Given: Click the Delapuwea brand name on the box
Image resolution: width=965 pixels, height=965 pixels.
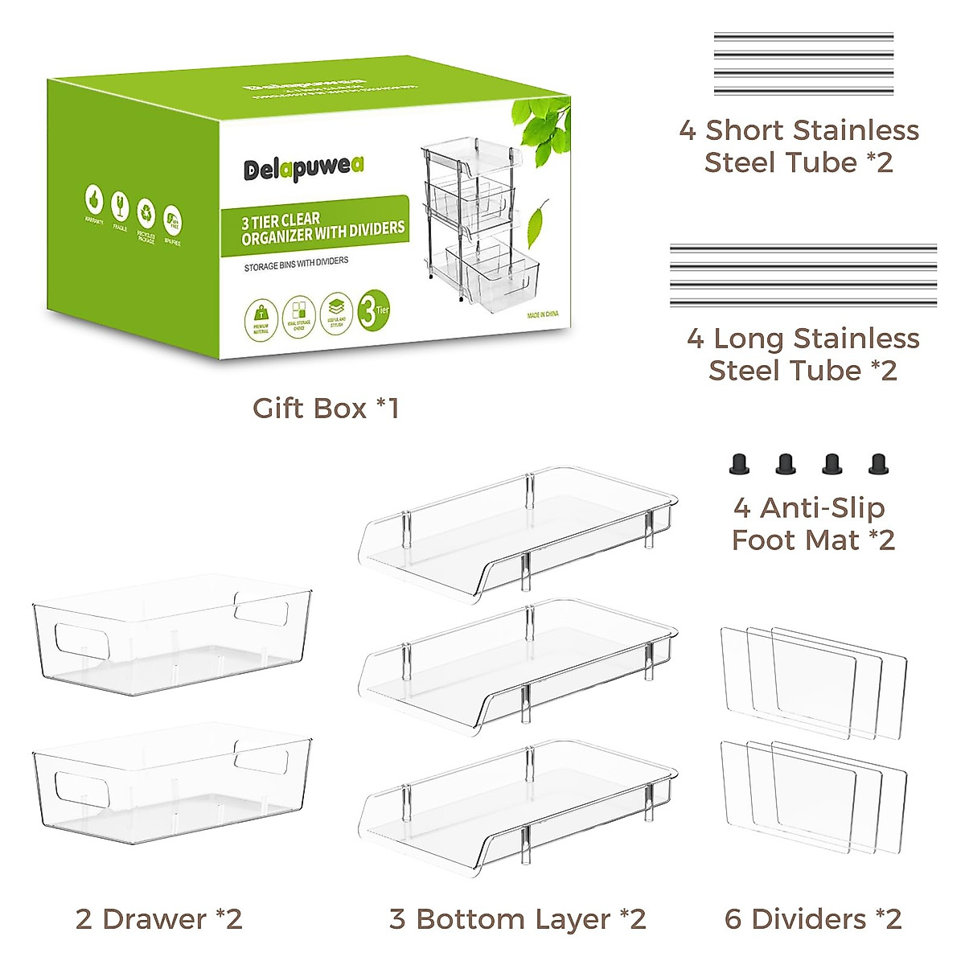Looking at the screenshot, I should click(x=304, y=167).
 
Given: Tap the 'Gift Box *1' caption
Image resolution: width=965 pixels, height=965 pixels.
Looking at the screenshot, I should click(x=326, y=409).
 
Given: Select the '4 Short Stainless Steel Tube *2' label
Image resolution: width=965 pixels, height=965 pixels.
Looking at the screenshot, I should click(x=799, y=146).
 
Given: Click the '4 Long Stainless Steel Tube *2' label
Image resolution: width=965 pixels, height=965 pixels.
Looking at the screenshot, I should click(x=803, y=354).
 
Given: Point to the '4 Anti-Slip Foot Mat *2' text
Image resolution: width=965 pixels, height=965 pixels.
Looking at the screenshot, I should click(x=812, y=524).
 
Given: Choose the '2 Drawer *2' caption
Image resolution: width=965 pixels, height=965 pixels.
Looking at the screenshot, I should click(x=158, y=918).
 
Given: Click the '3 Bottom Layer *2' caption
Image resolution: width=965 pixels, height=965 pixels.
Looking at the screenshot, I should click(x=517, y=918).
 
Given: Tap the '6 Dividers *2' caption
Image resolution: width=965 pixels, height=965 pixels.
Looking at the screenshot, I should click(x=812, y=918).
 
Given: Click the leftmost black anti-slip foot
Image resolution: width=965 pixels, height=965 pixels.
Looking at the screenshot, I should click(x=737, y=464).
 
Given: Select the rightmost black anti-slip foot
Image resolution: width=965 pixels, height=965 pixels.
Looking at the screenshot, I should click(x=877, y=464).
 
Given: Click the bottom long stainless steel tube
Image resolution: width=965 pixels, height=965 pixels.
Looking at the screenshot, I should click(x=803, y=302).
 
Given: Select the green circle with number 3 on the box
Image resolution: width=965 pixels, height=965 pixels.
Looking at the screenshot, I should click(x=372, y=310).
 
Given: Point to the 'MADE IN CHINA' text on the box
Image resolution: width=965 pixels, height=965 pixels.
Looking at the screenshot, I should click(x=543, y=314).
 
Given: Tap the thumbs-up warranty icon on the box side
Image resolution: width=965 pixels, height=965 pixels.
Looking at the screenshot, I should click(x=95, y=199).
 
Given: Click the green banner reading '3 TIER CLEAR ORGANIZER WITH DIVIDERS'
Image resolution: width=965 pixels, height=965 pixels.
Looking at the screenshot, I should click(x=318, y=227).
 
